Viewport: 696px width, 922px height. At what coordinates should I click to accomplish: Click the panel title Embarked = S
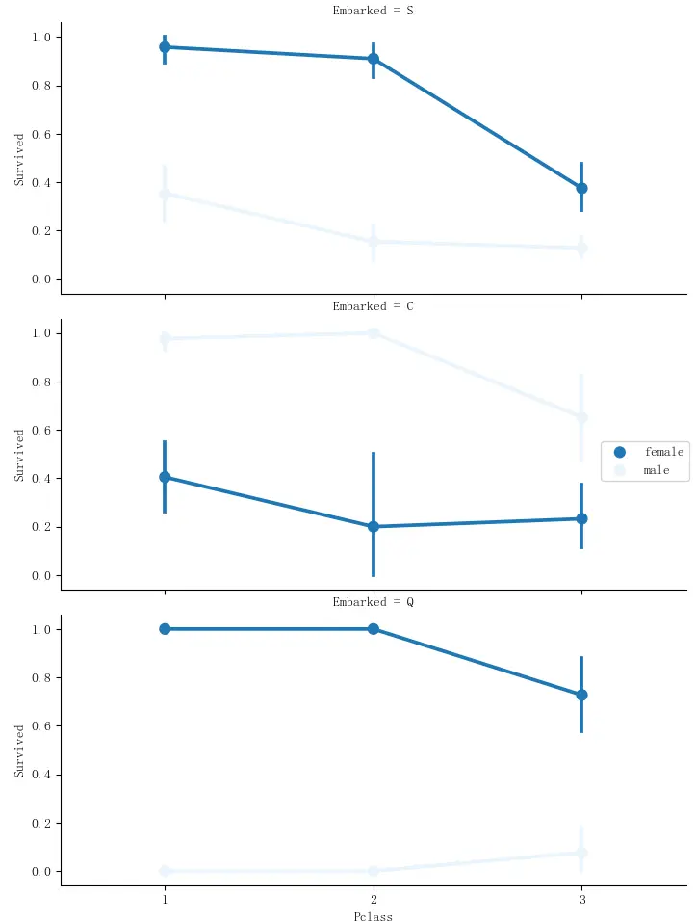(x=374, y=11)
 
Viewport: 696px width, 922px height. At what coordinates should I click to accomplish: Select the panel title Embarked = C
(x=374, y=306)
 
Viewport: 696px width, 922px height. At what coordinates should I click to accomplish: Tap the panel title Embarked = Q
(x=374, y=602)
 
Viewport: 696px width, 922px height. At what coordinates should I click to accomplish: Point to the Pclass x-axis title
(x=374, y=916)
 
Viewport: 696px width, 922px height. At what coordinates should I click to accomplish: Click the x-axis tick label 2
(x=374, y=898)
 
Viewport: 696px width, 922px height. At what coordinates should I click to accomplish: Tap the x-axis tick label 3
(x=581, y=898)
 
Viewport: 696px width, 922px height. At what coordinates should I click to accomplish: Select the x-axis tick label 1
(x=165, y=898)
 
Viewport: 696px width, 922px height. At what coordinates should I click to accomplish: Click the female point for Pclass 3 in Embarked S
(x=581, y=189)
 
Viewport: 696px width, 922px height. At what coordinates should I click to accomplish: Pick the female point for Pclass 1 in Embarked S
(x=165, y=47)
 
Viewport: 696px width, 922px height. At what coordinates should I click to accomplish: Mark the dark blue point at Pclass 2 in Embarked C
(x=374, y=527)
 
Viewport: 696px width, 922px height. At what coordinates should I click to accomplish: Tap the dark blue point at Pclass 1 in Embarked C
(x=165, y=477)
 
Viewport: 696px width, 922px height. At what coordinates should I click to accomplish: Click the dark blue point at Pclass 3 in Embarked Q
(x=581, y=695)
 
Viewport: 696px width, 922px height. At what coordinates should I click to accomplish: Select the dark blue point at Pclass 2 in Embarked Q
(x=374, y=629)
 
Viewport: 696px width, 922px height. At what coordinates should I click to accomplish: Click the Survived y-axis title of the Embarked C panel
(x=19, y=455)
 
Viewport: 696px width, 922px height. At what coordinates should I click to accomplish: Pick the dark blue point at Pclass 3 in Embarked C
(x=581, y=518)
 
